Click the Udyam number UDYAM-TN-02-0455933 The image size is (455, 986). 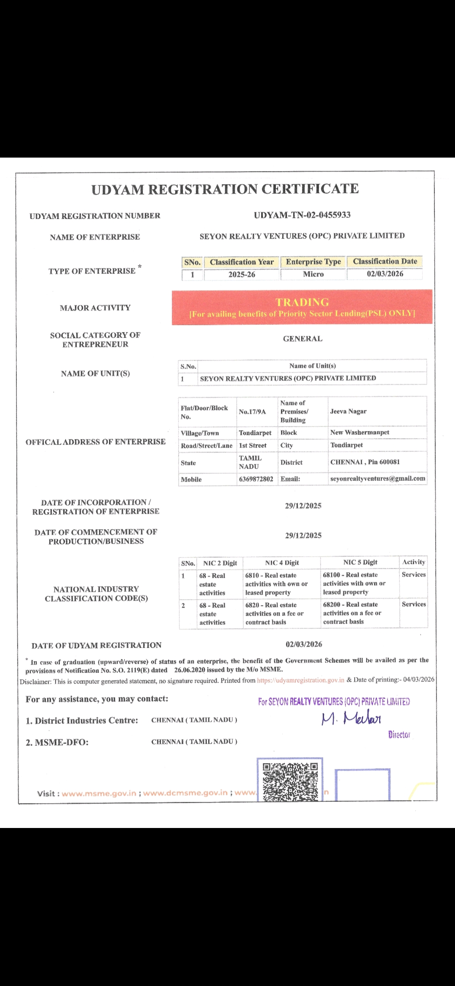point(302,215)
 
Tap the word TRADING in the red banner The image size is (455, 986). point(302,302)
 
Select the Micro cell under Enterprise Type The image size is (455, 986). point(313,274)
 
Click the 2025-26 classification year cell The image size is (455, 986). point(242,275)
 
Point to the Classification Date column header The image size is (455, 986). point(385,262)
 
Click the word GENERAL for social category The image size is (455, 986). point(302,339)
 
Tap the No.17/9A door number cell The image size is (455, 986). point(252,412)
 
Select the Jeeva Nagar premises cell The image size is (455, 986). point(348,411)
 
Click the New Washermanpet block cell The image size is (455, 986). point(359,432)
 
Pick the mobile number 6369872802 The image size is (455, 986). point(256,479)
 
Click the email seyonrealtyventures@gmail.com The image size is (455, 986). point(377,479)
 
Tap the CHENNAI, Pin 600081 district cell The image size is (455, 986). point(365,462)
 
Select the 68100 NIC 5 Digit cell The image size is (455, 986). point(354,584)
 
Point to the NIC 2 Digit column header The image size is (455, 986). point(220,563)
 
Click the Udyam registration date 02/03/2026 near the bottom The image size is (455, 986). point(304,644)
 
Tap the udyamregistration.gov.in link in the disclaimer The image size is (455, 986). point(300,680)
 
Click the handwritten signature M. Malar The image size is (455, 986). point(351,718)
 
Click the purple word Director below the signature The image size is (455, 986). point(399,735)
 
